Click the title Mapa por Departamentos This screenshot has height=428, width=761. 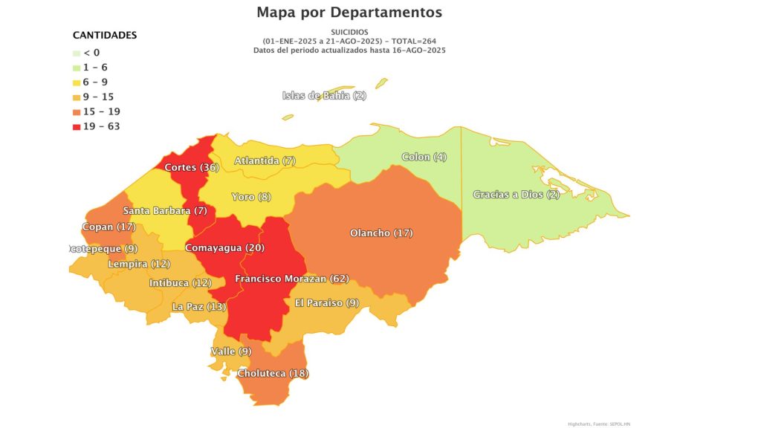coord(349,13)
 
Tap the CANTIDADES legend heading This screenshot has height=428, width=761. coord(105,35)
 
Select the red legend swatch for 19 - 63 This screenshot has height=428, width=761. coord(77,126)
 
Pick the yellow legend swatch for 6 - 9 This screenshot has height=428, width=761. coord(77,82)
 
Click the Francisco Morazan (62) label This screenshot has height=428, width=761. coord(291,279)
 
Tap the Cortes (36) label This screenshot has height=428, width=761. coord(191,167)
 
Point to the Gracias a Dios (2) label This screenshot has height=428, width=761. coord(516,195)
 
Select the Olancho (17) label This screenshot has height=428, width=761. coord(380,233)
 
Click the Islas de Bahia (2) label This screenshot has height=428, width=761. coord(324,95)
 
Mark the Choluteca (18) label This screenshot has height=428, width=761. coord(272,373)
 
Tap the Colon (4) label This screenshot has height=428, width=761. coord(424,157)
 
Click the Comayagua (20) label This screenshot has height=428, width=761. coord(224,247)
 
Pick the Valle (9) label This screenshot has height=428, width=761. coord(231,351)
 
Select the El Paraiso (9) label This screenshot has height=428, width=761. coord(327,302)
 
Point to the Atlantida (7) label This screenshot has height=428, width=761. coord(265,160)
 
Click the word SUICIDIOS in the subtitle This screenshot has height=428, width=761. coord(349,32)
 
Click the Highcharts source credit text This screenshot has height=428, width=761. coord(598,423)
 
